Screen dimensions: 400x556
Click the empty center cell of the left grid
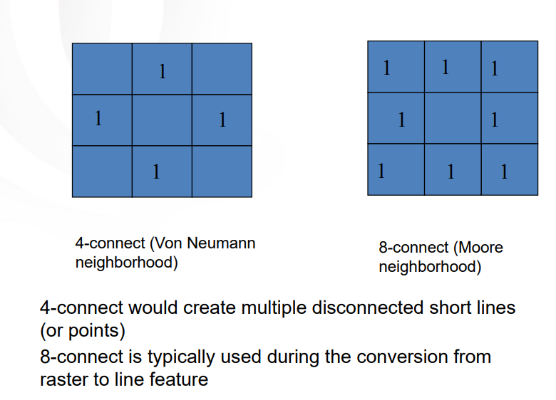(162, 120)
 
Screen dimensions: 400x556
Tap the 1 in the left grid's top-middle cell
(162, 71)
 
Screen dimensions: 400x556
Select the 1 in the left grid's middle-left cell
(98, 117)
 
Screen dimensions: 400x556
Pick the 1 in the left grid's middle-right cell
(222, 120)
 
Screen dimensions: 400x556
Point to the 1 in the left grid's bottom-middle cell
(155, 172)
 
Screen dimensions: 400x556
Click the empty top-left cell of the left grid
(102, 69)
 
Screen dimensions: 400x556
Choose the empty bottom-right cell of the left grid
(222, 172)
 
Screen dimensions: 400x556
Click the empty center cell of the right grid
(453, 118)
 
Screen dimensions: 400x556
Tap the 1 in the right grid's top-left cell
(386, 68)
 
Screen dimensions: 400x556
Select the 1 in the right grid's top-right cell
(494, 68)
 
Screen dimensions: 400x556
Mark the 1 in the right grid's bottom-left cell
(381, 171)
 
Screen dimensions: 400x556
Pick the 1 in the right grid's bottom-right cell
(504, 172)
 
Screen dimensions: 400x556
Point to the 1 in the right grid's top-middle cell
(445, 67)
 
